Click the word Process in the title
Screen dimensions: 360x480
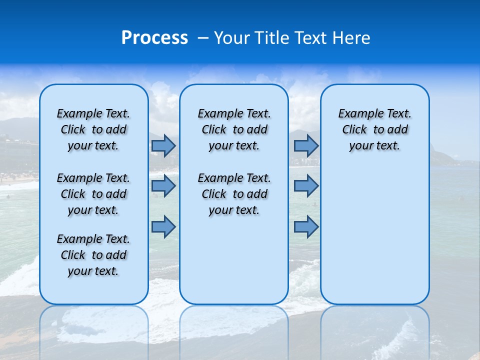coord(154,38)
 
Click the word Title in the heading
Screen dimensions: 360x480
coord(270,38)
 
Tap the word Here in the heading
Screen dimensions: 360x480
coord(351,38)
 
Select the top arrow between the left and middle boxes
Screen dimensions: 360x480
coord(163,146)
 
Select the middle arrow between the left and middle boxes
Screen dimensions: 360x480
coord(163,186)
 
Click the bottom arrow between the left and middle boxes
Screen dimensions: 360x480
coord(163,226)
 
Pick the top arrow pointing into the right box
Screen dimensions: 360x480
coord(306,146)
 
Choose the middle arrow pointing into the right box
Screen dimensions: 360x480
coord(306,186)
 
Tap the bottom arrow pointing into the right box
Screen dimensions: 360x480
coord(306,226)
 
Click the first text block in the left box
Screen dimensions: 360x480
coord(93,129)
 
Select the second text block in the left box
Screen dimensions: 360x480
coord(93,194)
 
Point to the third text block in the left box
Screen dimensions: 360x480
coord(93,255)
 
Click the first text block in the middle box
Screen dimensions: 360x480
coord(234,129)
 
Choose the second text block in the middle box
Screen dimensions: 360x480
coord(234,194)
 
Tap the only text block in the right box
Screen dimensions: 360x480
coord(374,129)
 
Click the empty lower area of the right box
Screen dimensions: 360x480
coord(374,230)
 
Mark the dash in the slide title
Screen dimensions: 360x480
coord(203,38)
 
